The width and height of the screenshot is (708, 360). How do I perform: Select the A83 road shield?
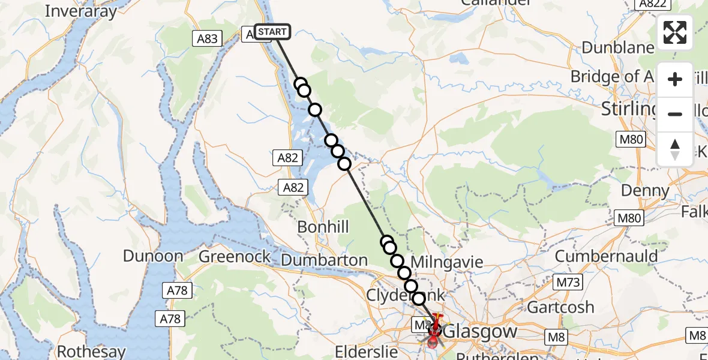click(208, 39)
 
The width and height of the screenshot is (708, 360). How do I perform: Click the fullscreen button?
click(675, 32)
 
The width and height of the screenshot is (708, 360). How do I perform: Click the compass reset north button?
click(675, 149)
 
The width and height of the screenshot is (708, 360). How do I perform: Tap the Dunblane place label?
click(617, 48)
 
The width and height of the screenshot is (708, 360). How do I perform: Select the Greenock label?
click(235, 257)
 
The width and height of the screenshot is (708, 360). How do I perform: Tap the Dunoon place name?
click(153, 256)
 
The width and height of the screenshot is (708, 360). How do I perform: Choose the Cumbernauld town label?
click(606, 256)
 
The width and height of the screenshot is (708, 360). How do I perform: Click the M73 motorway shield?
click(569, 282)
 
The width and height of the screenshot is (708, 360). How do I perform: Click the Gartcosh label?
click(560, 307)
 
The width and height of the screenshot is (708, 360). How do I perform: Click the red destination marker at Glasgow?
click(434, 332)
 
